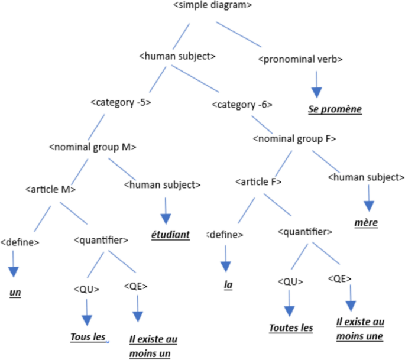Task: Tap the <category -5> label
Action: (121, 102)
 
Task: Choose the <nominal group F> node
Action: (294, 140)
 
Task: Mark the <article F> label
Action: (258, 181)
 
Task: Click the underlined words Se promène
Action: (334, 109)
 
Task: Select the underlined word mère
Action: (367, 223)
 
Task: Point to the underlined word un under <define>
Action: (15, 293)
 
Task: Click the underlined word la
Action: (228, 284)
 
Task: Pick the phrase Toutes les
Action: (291, 328)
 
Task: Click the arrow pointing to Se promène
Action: (317, 84)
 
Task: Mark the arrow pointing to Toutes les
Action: (289, 305)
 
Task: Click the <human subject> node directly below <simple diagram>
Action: (177, 57)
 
